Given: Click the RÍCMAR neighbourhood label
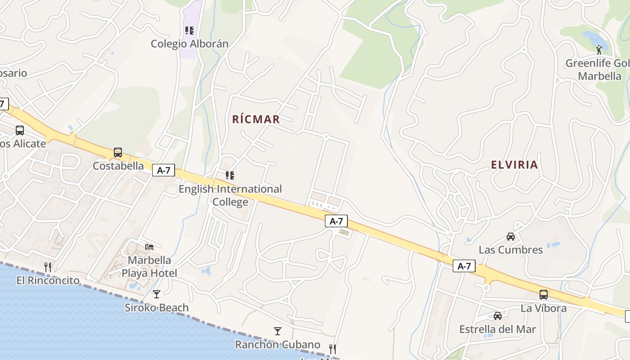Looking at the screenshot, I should coord(256,119).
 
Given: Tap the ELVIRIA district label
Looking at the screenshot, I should coord(514,165).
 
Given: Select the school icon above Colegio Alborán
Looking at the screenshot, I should coord(189,31).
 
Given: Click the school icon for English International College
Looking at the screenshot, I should coord(230,175).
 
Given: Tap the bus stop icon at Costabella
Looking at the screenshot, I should coord(118,153).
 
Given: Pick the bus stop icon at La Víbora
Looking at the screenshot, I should coord(544,295).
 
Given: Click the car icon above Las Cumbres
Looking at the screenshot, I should coord(510,236).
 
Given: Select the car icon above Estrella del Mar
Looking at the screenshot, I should coord(497,316).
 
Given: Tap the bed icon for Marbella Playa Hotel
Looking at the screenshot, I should coord(149,247).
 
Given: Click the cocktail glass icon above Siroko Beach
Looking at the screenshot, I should coord(156,294).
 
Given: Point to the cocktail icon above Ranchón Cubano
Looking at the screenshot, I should coord(278,331).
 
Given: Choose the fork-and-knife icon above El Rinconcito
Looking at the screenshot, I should coord(48,267).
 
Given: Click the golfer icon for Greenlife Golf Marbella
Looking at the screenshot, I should coord(599,49).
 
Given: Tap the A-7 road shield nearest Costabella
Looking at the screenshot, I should coord(163,170).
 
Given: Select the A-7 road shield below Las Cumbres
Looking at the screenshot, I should coord(464,266).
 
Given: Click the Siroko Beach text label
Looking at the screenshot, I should coord(157,308).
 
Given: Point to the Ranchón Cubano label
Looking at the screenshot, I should coord(278,345).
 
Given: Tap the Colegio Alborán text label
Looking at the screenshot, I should coord(189,44).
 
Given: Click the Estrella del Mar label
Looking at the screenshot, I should coord(497,329).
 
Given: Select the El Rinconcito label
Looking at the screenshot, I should coord(48,280).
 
